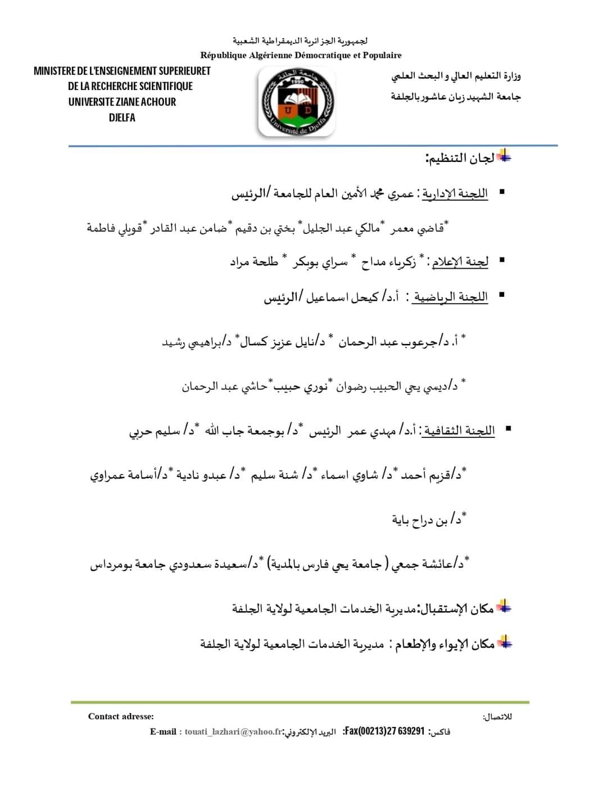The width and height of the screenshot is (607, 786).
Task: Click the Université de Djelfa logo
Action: pyautogui.click(x=296, y=102)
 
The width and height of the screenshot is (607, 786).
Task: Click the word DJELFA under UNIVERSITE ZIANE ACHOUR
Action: pyautogui.click(x=122, y=118)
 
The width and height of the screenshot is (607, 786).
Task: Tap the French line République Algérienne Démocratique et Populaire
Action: pyautogui.click(x=301, y=55)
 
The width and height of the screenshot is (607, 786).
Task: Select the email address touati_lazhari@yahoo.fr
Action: pyautogui.click(x=233, y=731)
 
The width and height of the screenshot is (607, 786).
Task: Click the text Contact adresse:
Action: pyautogui.click(x=121, y=716)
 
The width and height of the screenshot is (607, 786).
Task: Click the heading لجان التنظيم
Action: pyautogui.click(x=460, y=158)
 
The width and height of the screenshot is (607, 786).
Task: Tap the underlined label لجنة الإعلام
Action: pyautogui.click(x=460, y=261)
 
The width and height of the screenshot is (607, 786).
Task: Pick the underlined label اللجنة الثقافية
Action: pyautogui.click(x=459, y=431)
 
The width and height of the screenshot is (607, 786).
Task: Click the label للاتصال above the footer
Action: pyautogui.click(x=497, y=717)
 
